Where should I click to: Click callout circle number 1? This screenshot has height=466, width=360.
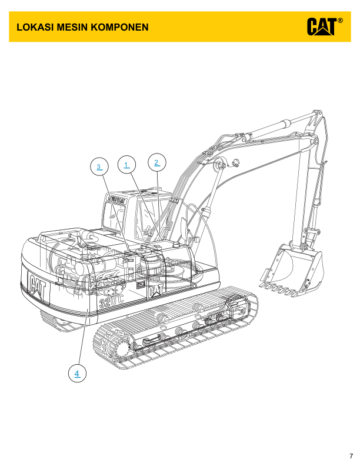[x=126, y=164]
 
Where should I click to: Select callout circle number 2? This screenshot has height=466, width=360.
[x=157, y=162]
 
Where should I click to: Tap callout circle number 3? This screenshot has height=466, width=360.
[x=99, y=167]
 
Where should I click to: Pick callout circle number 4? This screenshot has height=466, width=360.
[x=77, y=373]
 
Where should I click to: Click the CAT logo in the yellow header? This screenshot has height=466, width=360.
[x=322, y=26]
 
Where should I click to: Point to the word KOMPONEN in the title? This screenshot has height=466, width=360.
[x=119, y=27]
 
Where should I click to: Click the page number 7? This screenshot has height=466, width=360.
[x=351, y=456]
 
